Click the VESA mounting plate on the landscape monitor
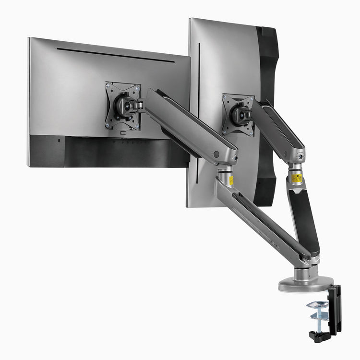click(x=123, y=105)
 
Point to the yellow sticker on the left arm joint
click(x=231, y=180)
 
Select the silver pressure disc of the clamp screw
click(x=319, y=304)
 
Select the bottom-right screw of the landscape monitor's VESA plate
click(x=137, y=127)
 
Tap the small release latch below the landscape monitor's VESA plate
click(x=123, y=132)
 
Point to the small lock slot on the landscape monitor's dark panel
click(x=59, y=141)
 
